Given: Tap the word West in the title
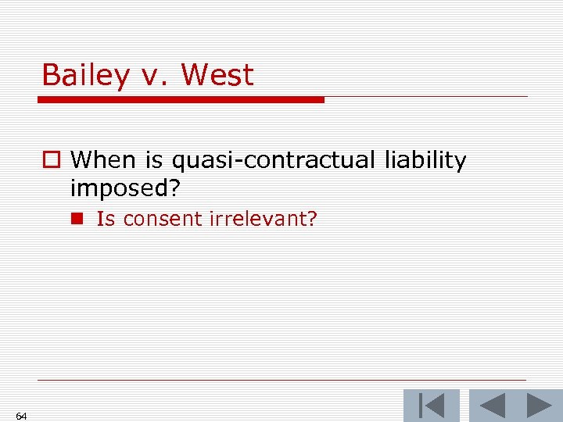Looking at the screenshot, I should (217, 75).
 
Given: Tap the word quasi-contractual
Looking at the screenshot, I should (273, 161).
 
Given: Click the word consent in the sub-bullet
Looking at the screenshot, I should (163, 219).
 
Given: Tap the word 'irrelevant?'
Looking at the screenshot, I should (263, 219).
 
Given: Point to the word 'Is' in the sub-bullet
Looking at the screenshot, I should (106, 219).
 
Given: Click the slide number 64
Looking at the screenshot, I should (21, 416).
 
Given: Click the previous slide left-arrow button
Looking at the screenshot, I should (492, 406).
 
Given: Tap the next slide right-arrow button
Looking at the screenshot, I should (539, 406).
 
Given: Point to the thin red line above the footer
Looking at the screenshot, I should (281, 381).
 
